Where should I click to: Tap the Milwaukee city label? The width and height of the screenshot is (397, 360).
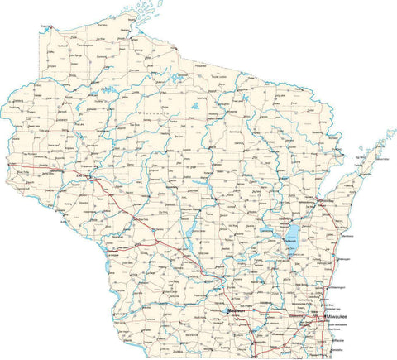(337, 317)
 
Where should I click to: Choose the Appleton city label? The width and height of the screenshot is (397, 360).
(291, 221)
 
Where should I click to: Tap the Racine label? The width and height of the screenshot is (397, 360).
(339, 339)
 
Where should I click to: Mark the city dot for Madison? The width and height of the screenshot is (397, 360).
(227, 311)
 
